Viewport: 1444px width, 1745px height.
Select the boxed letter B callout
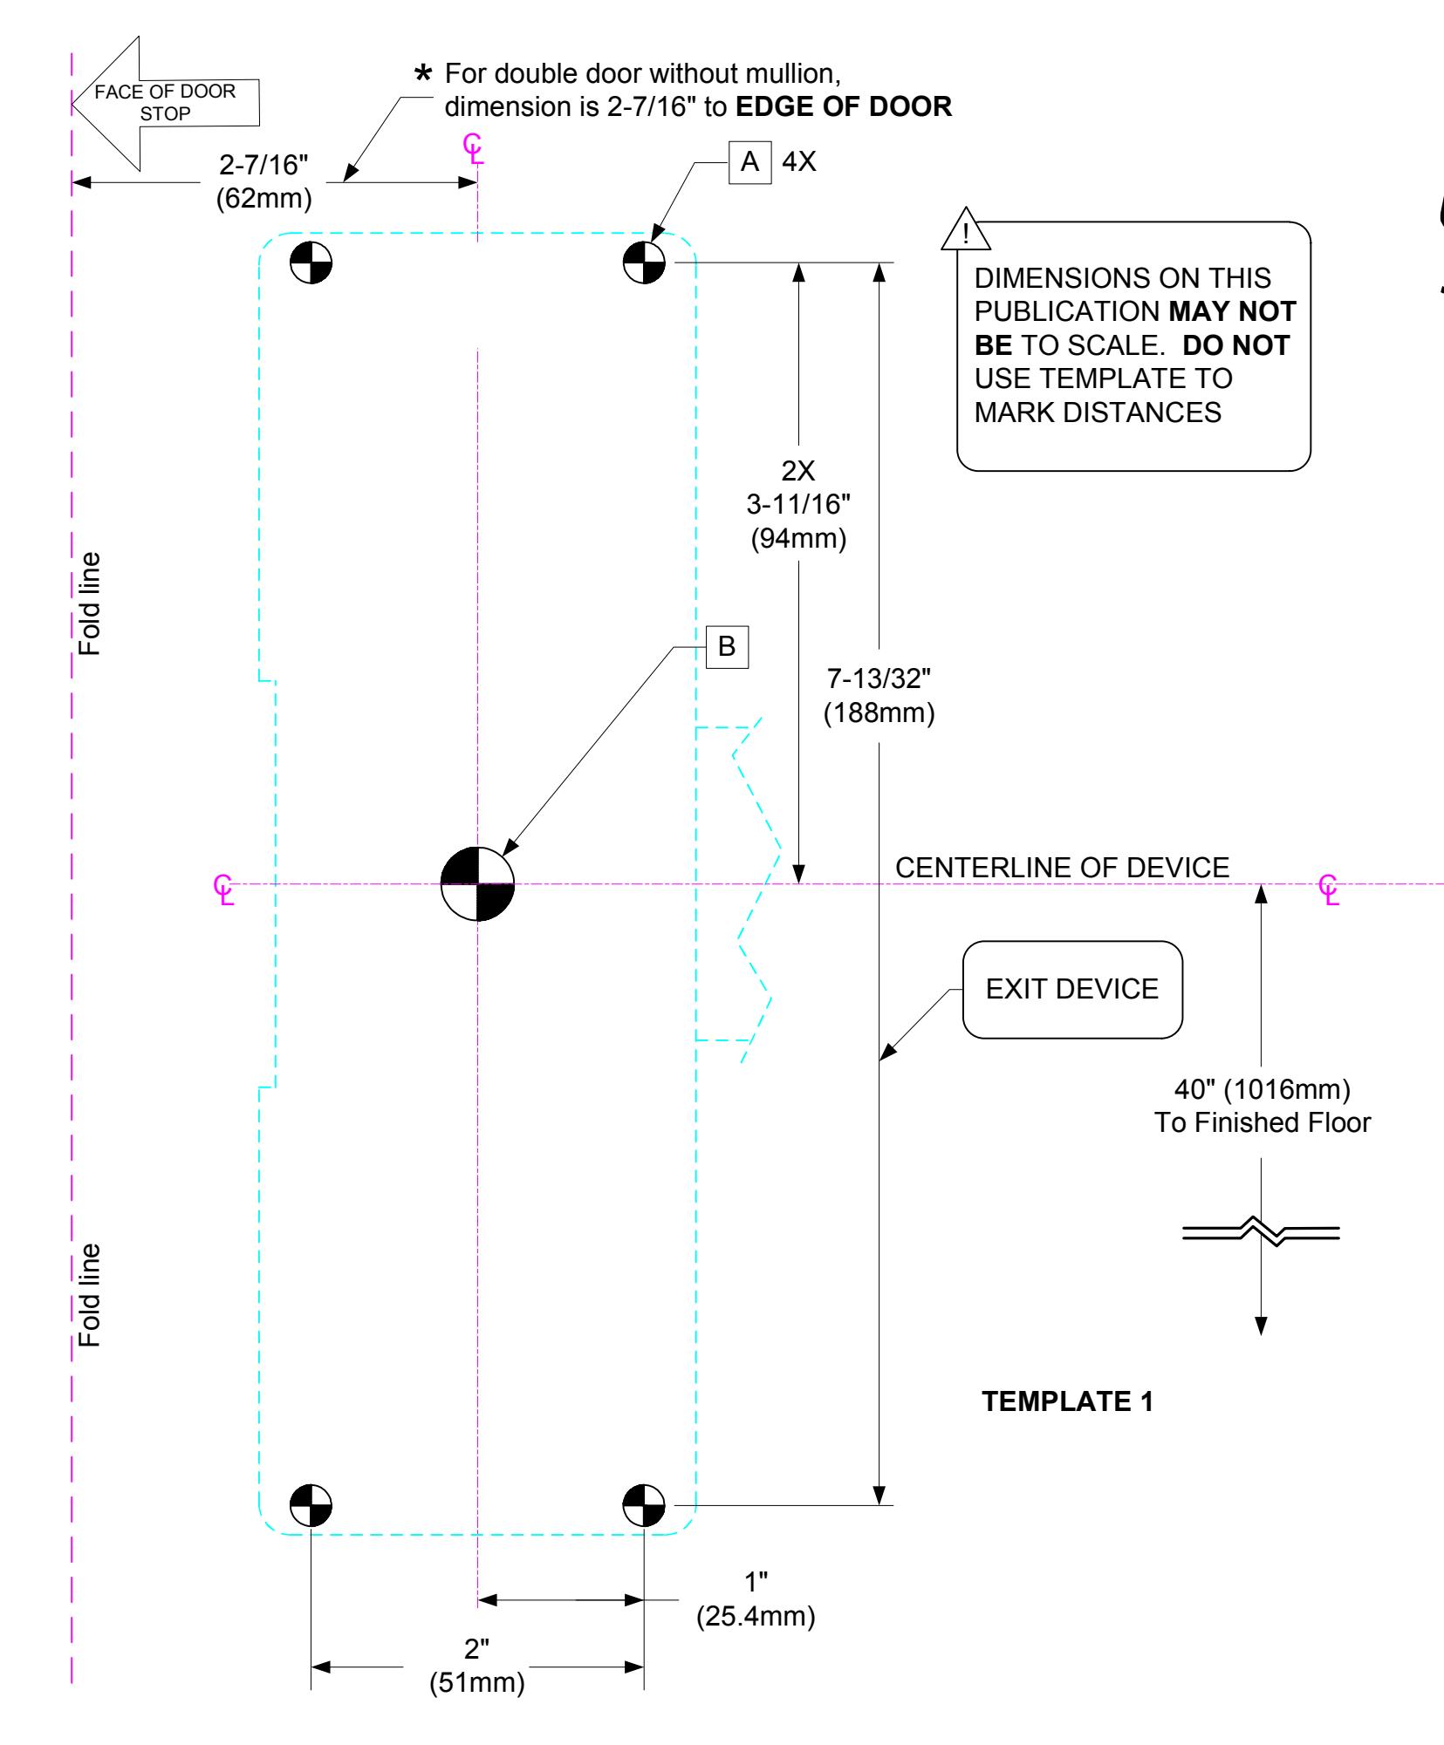point(727,647)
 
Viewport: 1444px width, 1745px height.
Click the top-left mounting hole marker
point(311,262)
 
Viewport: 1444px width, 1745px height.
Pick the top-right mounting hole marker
point(644,262)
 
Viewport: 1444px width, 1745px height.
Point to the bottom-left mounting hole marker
point(311,1504)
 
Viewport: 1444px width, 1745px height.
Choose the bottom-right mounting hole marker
point(644,1504)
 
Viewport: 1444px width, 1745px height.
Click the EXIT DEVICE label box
point(1072,989)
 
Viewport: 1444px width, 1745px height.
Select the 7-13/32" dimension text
point(879,680)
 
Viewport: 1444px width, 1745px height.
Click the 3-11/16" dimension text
point(798,505)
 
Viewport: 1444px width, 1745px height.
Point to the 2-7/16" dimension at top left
point(263,167)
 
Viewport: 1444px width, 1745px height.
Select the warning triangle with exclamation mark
point(965,229)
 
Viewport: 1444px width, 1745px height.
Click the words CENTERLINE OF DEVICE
point(1062,868)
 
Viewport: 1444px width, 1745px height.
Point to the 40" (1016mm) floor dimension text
point(1263,1090)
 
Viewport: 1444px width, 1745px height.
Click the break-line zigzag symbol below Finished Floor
point(1261,1232)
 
